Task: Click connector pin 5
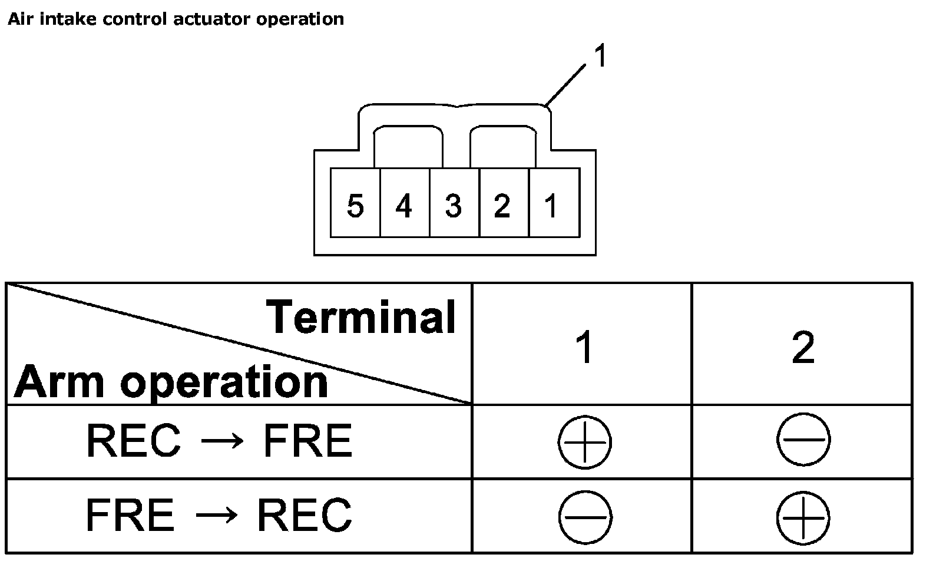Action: [x=355, y=206]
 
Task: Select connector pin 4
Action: [x=404, y=206]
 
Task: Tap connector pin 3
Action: [x=453, y=206]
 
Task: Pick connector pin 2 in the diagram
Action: [x=502, y=206]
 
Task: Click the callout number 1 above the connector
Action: [x=600, y=58]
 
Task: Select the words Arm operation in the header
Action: [x=171, y=382]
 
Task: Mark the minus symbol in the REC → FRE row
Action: [x=803, y=440]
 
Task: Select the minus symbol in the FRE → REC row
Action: [x=585, y=517]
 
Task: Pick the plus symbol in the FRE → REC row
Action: [x=803, y=517]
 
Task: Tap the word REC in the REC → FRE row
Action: [x=133, y=441]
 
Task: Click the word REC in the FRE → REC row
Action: [x=304, y=514]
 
